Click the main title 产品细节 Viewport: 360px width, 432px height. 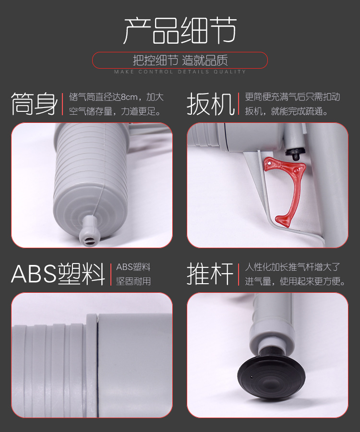tap(180, 31)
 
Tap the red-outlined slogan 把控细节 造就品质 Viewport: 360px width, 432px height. tap(180, 60)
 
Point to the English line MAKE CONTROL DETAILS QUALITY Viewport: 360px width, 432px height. tap(180, 72)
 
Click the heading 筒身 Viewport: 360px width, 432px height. tap(34, 104)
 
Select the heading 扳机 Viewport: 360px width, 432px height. tap(211, 104)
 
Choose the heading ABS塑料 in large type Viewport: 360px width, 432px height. tap(58, 274)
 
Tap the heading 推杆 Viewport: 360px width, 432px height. tap(211, 274)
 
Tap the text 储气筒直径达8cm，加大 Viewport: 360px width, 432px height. tap(116, 97)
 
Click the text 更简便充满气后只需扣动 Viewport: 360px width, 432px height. tap(292, 97)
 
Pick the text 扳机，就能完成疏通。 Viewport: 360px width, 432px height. tap(287, 112)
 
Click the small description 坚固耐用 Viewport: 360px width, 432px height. tap(133, 281)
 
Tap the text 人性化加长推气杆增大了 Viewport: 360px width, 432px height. tap(292, 267)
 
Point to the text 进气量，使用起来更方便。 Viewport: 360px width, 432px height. tap(295, 281)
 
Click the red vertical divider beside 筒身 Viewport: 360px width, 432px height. tap(62, 104)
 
